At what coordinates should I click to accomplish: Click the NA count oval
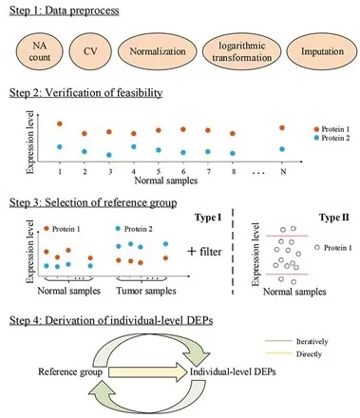(38, 53)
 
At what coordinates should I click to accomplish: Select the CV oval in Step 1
(92, 53)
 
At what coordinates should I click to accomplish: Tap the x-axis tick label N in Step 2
(281, 171)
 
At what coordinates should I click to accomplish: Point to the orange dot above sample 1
(59, 124)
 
